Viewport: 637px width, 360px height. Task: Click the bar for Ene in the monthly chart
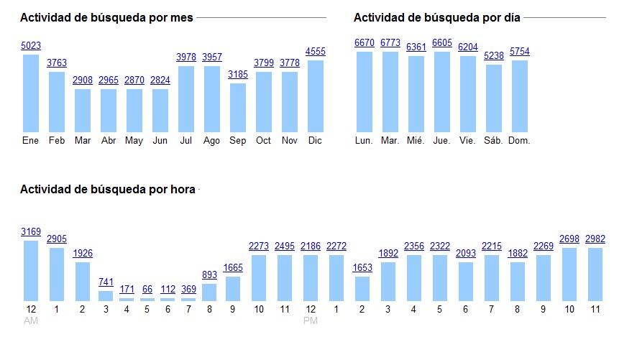pyautogui.click(x=31, y=93)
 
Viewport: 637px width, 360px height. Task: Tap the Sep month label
pyautogui.click(x=238, y=141)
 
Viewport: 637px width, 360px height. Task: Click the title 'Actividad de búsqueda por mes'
pyautogui.click(x=106, y=18)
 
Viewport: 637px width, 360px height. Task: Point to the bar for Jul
pyautogui.click(x=186, y=98)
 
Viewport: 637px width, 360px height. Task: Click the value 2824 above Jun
pyautogui.click(x=160, y=80)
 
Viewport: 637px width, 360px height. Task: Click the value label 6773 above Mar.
pyautogui.click(x=390, y=43)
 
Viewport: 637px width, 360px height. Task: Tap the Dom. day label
pyautogui.click(x=519, y=141)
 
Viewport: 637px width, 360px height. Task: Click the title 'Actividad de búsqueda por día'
pyautogui.click(x=436, y=18)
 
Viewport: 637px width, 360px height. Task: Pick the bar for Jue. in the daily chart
pyautogui.click(x=442, y=91)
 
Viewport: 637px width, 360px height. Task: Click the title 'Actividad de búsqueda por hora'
pyautogui.click(x=108, y=190)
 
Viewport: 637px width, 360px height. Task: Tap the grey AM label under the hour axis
pyautogui.click(x=31, y=320)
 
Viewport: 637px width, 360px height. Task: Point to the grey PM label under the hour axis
pyautogui.click(x=311, y=320)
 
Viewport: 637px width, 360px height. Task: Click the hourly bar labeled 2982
pyautogui.click(x=595, y=274)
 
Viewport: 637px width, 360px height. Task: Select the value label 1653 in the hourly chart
pyautogui.click(x=362, y=267)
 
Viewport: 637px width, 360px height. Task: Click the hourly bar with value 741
pyautogui.click(x=106, y=295)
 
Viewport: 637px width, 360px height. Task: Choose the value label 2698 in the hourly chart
pyautogui.click(x=569, y=239)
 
